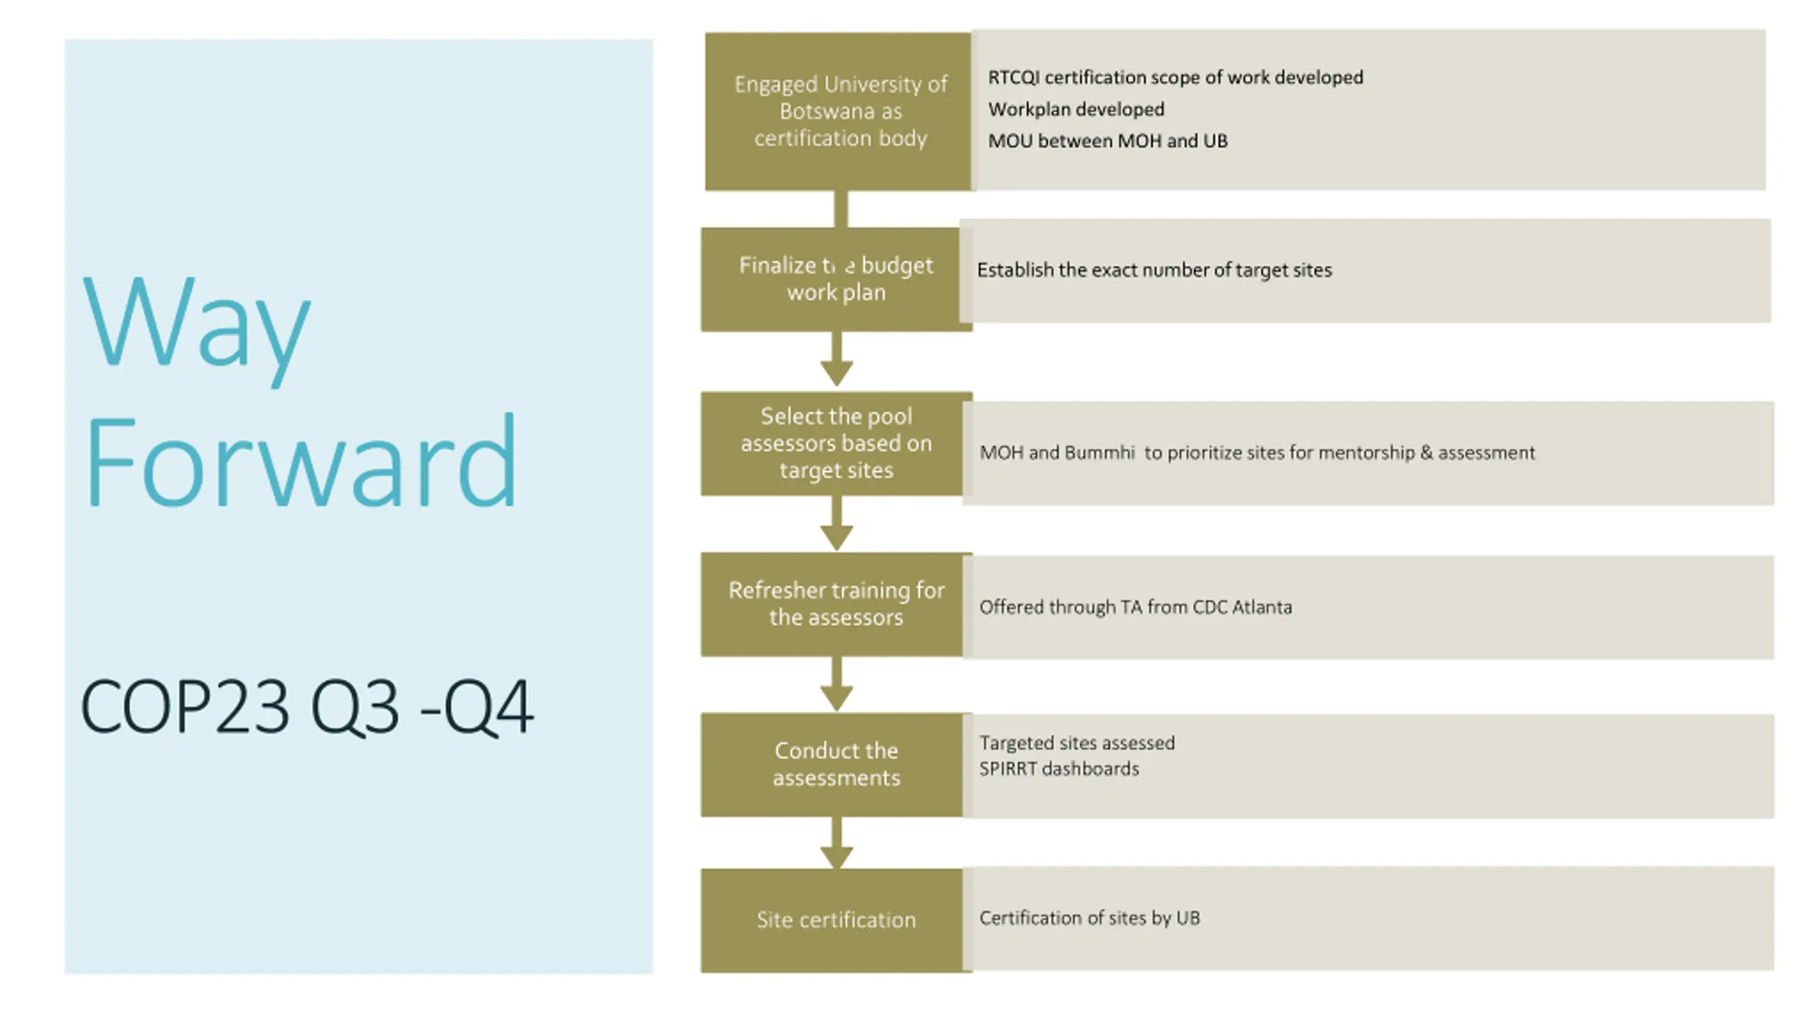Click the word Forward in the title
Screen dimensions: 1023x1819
[x=301, y=462]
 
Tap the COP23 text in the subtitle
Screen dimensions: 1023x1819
[x=185, y=706]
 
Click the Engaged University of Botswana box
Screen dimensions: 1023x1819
[x=838, y=112]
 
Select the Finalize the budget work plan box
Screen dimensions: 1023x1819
[x=836, y=279]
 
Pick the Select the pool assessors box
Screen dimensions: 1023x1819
[x=836, y=443]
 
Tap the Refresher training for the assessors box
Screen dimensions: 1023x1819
[x=836, y=604]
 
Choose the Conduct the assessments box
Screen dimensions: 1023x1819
[x=836, y=764]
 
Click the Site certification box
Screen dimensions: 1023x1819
[x=836, y=920]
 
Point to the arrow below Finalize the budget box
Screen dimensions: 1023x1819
[x=836, y=361]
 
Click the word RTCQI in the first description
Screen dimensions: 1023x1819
[x=1013, y=77]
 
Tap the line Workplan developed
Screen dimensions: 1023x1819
[x=1076, y=109]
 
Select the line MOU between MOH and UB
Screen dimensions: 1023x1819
[x=1107, y=141]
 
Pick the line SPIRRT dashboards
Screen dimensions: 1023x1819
[x=1059, y=769]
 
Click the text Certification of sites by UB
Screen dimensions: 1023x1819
[x=1089, y=918]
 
